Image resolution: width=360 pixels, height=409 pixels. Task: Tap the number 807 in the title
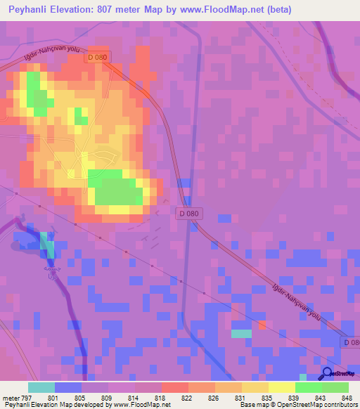pyautogui.click(x=113, y=10)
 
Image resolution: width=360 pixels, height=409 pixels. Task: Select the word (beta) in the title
pyautogui.click(x=276, y=10)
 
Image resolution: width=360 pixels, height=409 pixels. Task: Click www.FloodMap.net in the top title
pyautogui.click(x=214, y=10)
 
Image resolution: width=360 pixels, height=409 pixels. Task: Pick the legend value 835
pyautogui.click(x=268, y=398)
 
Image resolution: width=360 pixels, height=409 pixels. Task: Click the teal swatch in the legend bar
pyautogui.click(x=41, y=387)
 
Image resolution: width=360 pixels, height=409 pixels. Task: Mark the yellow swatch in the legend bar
pyautogui.click(x=281, y=387)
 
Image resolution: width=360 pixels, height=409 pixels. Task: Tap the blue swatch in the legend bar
pyautogui.click(x=67, y=387)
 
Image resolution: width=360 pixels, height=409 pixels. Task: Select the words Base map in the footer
pyautogui.click(x=252, y=405)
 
